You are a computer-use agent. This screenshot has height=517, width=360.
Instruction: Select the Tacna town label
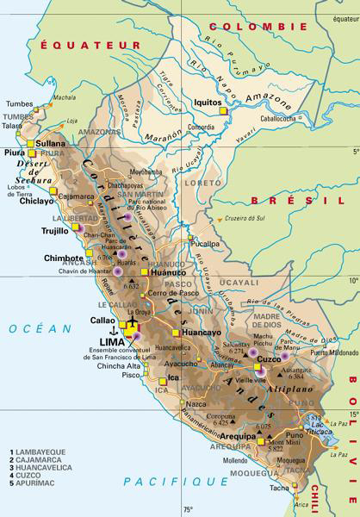coord(278,489)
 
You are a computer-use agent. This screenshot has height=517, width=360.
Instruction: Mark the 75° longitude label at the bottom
coord(188,510)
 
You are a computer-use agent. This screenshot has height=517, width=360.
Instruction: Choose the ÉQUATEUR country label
coord(71,43)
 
